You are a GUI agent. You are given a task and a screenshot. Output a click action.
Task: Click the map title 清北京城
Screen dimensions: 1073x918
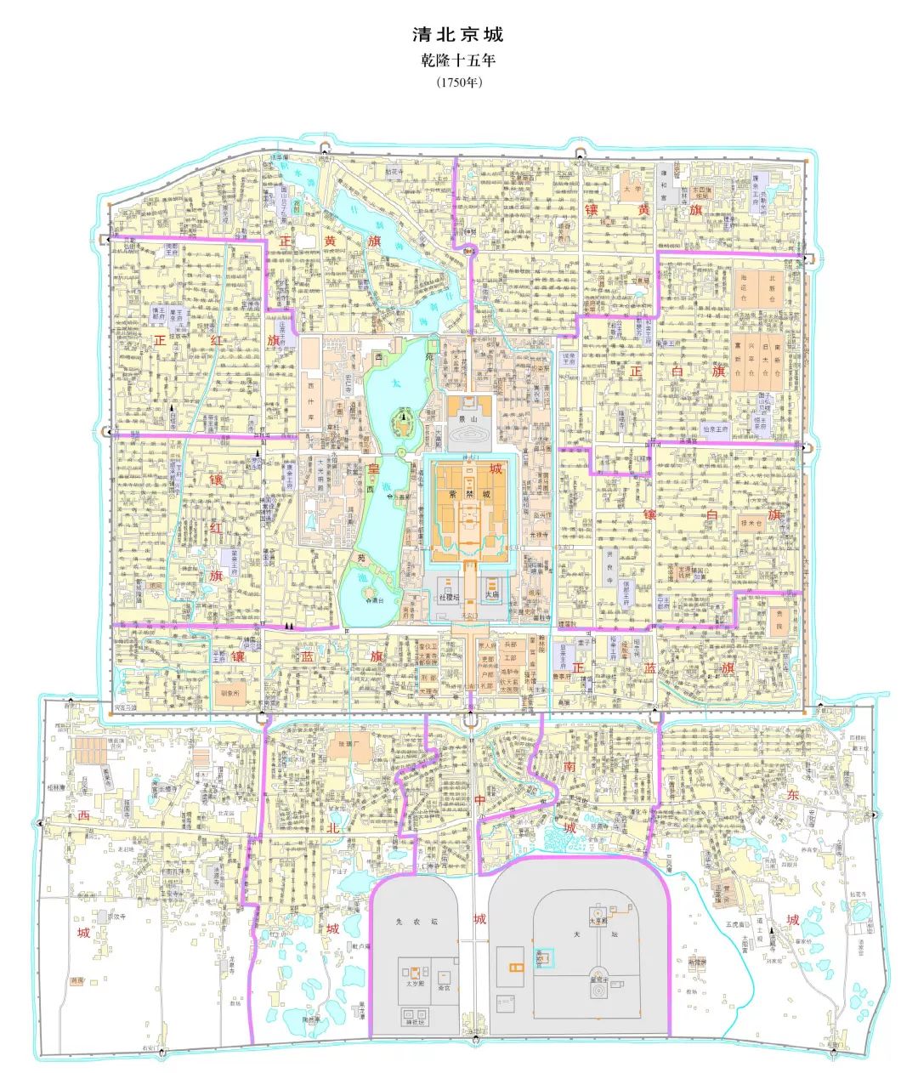click(458, 36)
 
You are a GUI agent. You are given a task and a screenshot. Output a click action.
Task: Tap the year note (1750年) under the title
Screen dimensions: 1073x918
click(458, 83)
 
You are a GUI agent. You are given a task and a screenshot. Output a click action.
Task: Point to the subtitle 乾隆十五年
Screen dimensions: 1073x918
click(458, 61)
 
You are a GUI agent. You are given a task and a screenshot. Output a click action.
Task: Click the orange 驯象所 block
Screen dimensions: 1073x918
click(231, 692)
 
